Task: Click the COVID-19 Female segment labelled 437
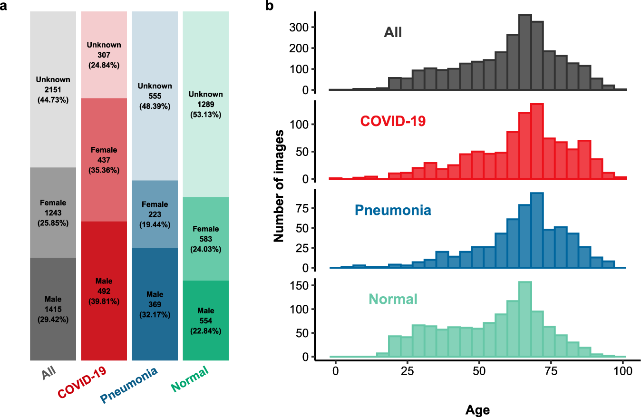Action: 104,160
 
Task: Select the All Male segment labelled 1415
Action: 53,309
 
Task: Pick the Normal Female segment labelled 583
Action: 206,239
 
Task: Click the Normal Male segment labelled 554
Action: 206,320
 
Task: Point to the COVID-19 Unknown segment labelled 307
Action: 104,55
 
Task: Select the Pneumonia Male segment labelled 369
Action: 155,304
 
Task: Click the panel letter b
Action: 269,7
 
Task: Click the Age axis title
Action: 477,409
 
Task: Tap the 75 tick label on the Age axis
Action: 551,372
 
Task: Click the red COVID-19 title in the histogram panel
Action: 393,121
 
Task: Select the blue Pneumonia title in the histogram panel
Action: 393,210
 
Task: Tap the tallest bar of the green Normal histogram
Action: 525,319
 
